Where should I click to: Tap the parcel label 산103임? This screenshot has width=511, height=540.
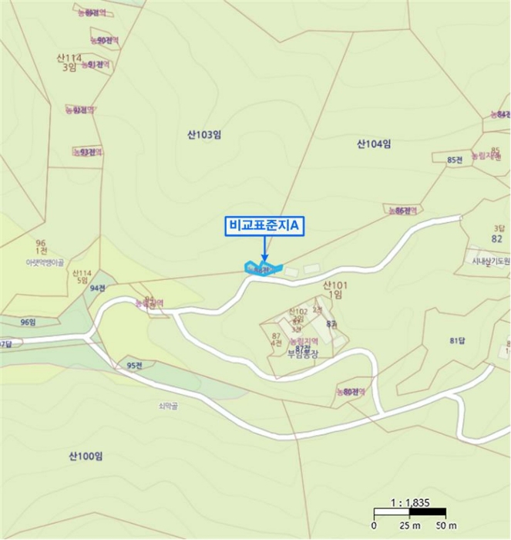(x=204, y=134)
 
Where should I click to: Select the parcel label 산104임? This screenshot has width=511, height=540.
(x=374, y=143)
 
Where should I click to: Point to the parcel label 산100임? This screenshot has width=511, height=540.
(x=86, y=456)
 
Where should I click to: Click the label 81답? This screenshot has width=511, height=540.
(x=458, y=340)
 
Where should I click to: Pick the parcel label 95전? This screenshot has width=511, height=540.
(x=135, y=366)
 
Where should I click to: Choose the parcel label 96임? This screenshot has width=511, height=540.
(x=29, y=322)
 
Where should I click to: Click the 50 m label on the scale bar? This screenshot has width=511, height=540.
(x=442, y=525)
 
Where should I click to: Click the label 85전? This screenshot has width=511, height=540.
(x=454, y=160)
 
